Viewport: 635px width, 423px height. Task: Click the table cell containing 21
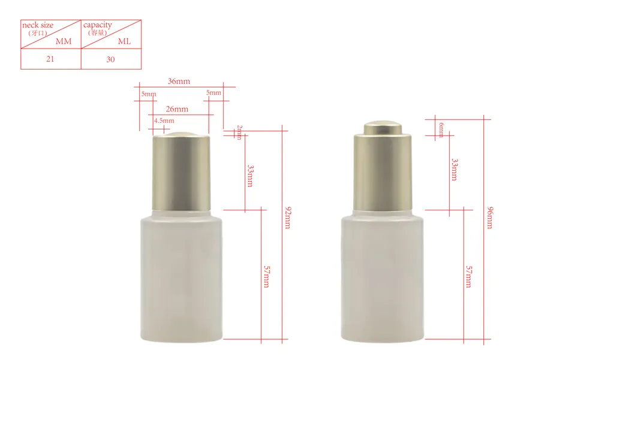click(x=50, y=59)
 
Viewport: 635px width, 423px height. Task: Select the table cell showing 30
click(x=110, y=59)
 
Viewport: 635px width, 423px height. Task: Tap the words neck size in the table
click(x=38, y=25)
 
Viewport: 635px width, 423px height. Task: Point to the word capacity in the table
click(x=97, y=25)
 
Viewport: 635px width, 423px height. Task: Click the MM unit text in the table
click(x=64, y=41)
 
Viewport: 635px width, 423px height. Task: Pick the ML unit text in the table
click(x=125, y=41)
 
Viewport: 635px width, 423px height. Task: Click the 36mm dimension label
click(x=179, y=81)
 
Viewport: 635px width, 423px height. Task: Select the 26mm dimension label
click(x=177, y=109)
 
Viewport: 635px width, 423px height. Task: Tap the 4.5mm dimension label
click(x=164, y=120)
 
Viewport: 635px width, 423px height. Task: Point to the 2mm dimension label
click(x=239, y=132)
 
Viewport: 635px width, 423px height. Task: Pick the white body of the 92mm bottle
click(x=181, y=276)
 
